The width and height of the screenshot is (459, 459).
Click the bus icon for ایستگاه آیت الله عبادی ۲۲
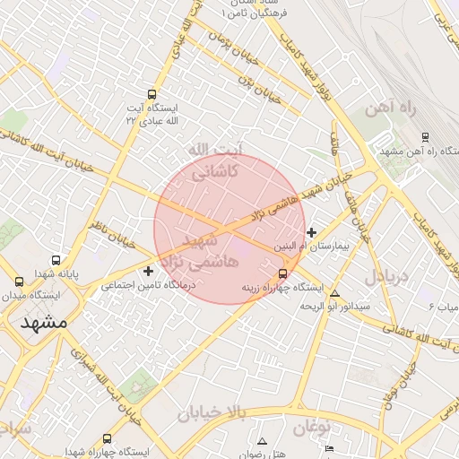pos(151,93)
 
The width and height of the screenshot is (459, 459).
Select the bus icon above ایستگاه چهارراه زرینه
pos(283,273)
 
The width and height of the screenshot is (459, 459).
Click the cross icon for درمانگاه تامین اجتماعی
pos(149,271)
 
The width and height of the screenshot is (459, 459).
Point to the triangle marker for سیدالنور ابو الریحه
pos(335,293)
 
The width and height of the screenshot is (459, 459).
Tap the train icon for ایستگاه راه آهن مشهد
pos(425,137)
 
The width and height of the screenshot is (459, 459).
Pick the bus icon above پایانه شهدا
pos(56,260)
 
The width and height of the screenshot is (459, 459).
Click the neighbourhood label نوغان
pos(310,427)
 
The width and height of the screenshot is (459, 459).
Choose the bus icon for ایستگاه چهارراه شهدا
pos(108,438)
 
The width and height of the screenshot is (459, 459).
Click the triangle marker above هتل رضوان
pos(262,441)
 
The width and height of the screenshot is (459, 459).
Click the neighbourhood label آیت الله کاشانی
pos(214,160)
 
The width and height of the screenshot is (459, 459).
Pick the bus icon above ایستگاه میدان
pos(19,281)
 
